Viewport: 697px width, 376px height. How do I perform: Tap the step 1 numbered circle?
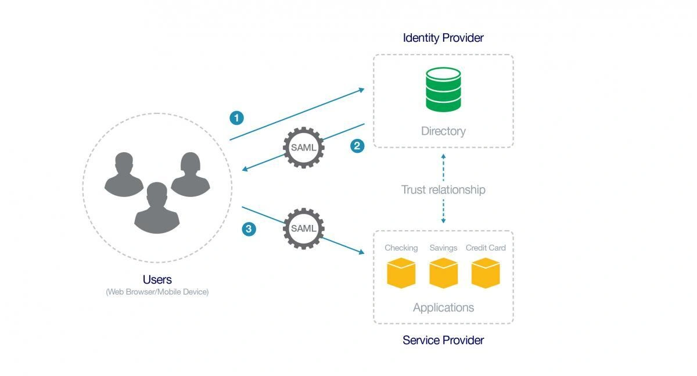(236, 118)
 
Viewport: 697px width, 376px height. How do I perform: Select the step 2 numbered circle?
(358, 145)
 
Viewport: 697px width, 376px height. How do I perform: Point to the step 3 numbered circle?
(249, 229)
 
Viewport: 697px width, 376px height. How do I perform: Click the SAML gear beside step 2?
(303, 147)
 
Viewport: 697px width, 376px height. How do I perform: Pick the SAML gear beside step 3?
(303, 228)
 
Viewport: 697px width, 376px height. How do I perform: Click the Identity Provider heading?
(443, 38)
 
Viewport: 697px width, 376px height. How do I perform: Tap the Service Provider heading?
(443, 340)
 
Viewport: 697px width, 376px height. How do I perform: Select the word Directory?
(443, 131)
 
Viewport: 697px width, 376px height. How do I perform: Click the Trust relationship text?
(443, 190)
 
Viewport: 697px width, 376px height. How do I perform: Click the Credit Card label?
(486, 248)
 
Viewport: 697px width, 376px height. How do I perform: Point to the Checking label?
(401, 248)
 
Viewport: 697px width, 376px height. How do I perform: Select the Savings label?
(443, 248)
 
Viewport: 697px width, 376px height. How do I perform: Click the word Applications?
(443, 307)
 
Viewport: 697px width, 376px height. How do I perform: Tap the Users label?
(157, 280)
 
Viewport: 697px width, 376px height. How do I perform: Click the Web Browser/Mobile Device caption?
(157, 292)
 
